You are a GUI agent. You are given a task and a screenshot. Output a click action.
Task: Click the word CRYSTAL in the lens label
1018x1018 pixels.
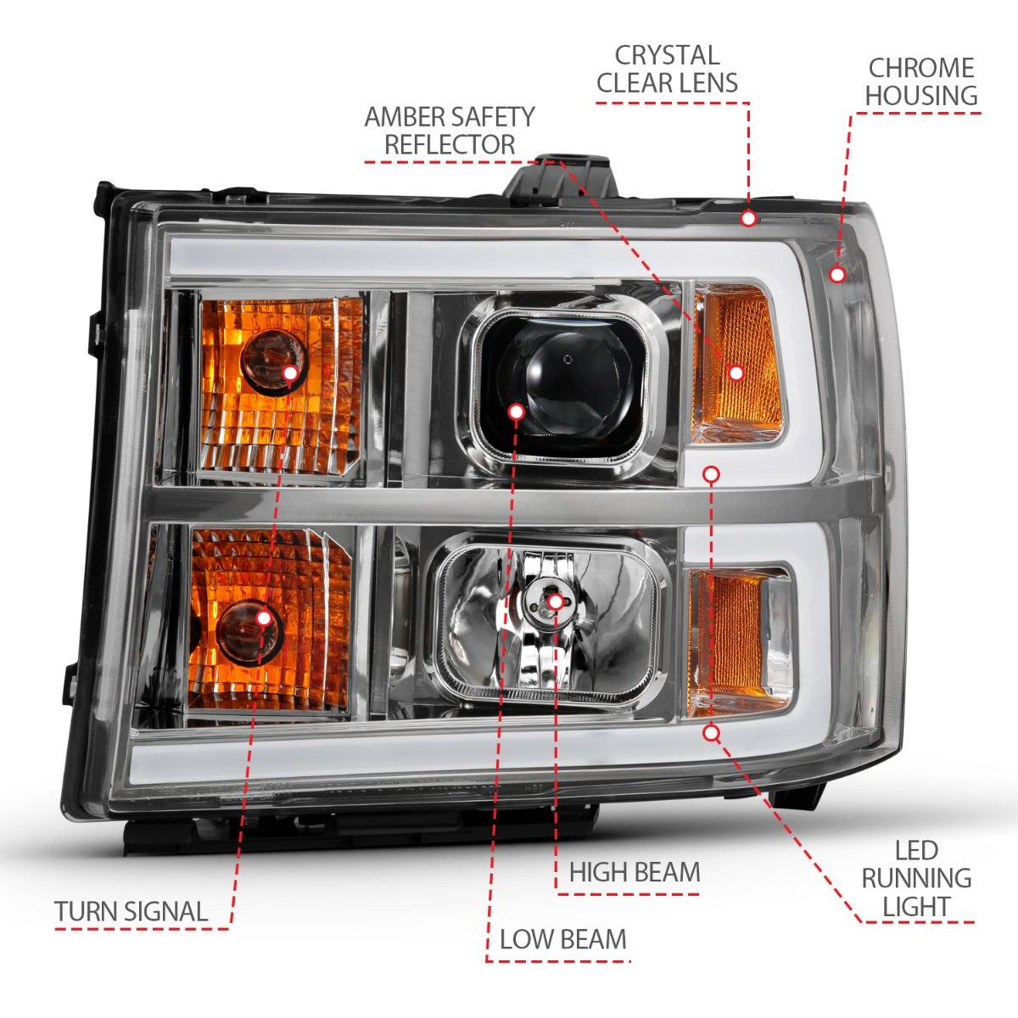pos(667,56)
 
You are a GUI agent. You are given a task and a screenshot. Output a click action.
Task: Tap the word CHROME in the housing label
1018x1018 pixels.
pos(920,67)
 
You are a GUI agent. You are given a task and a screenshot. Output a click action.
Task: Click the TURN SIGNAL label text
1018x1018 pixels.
pos(131,912)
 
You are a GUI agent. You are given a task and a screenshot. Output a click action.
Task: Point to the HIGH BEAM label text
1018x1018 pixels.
pos(635,871)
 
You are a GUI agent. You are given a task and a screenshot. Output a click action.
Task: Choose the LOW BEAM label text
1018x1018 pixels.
pos(563,939)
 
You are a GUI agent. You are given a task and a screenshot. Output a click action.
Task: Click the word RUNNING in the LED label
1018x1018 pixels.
pos(916,878)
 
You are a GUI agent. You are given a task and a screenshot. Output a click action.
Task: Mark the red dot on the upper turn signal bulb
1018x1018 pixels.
pos(290,372)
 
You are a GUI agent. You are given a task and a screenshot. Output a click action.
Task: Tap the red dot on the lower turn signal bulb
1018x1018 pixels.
pos(264,617)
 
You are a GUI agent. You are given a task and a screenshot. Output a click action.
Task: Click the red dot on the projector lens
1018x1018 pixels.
pos(515,411)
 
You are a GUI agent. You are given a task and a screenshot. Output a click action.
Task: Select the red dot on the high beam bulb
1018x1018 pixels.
pos(555,601)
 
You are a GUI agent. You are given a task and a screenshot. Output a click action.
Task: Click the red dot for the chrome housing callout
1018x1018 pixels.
pos(837,274)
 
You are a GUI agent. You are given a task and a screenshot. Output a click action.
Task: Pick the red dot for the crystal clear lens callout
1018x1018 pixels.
pos(748,218)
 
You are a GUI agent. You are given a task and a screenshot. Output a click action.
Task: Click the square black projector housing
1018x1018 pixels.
pos(556,373)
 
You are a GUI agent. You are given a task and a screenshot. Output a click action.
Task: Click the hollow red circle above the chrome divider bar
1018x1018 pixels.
pos(711,473)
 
